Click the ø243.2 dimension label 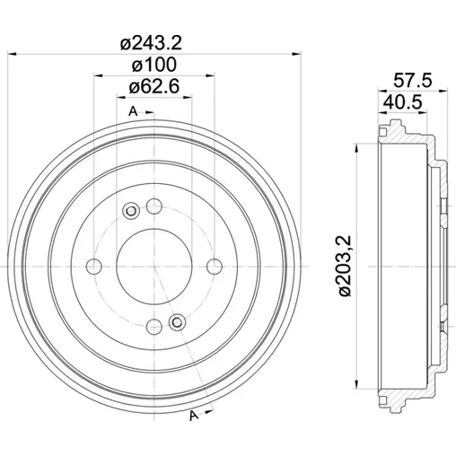tap(151, 43)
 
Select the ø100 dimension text tap(154, 65)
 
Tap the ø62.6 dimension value tap(154, 86)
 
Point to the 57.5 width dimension tap(413, 81)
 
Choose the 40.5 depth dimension tap(403, 101)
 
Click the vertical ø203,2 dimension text tap(345, 266)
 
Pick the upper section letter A tap(133, 111)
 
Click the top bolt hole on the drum tap(154, 206)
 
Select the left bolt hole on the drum tap(94, 266)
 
